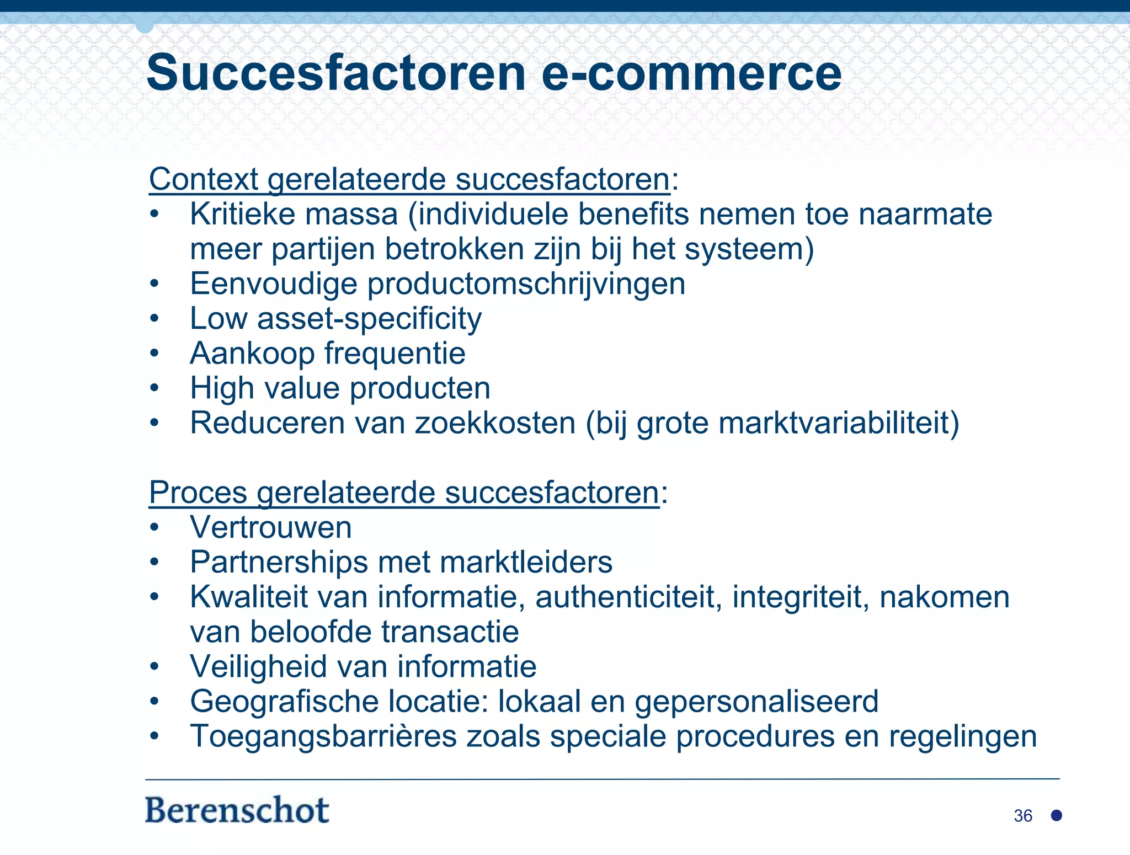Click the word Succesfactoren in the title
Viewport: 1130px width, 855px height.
click(335, 73)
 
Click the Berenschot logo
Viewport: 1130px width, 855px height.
click(237, 810)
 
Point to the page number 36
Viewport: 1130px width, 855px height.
click(1023, 816)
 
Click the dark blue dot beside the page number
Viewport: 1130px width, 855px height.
click(1057, 815)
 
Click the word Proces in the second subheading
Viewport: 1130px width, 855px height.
click(198, 492)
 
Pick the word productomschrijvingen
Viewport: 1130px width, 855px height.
click(526, 285)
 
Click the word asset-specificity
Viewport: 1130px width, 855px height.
click(369, 319)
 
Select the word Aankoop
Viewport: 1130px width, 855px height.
click(252, 354)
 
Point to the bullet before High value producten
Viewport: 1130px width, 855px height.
click(154, 388)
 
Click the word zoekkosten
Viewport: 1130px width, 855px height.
click(495, 423)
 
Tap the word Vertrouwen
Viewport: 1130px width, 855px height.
click(271, 527)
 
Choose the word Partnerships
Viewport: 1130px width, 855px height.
click(279, 563)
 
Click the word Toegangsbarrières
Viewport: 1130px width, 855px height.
click(323, 736)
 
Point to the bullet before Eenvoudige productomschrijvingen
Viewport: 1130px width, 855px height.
click(154, 284)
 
